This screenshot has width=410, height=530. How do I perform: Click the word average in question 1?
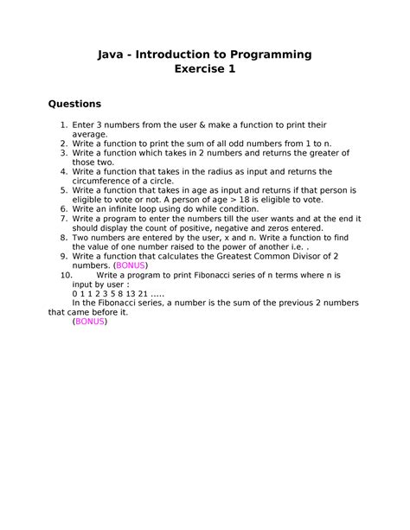click(x=90, y=135)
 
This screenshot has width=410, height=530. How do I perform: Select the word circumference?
click(x=104, y=182)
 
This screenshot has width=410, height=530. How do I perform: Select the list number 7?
click(x=63, y=219)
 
